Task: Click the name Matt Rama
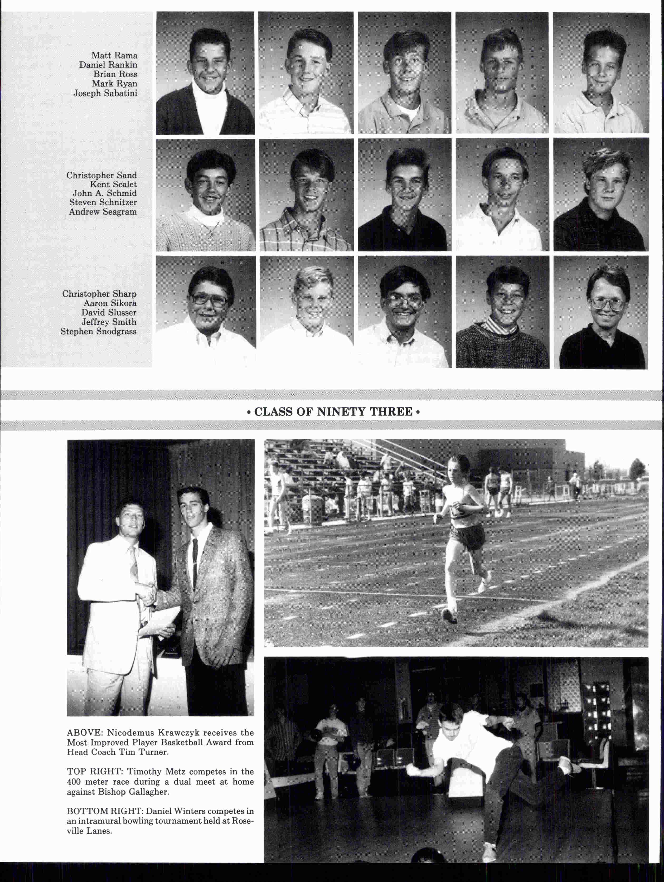coord(114,55)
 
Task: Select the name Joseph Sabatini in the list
coord(105,93)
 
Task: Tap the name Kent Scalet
coord(113,184)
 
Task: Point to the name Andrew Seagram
coord(103,212)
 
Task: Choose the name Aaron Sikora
coord(110,303)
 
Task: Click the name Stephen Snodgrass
coord(99,331)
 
